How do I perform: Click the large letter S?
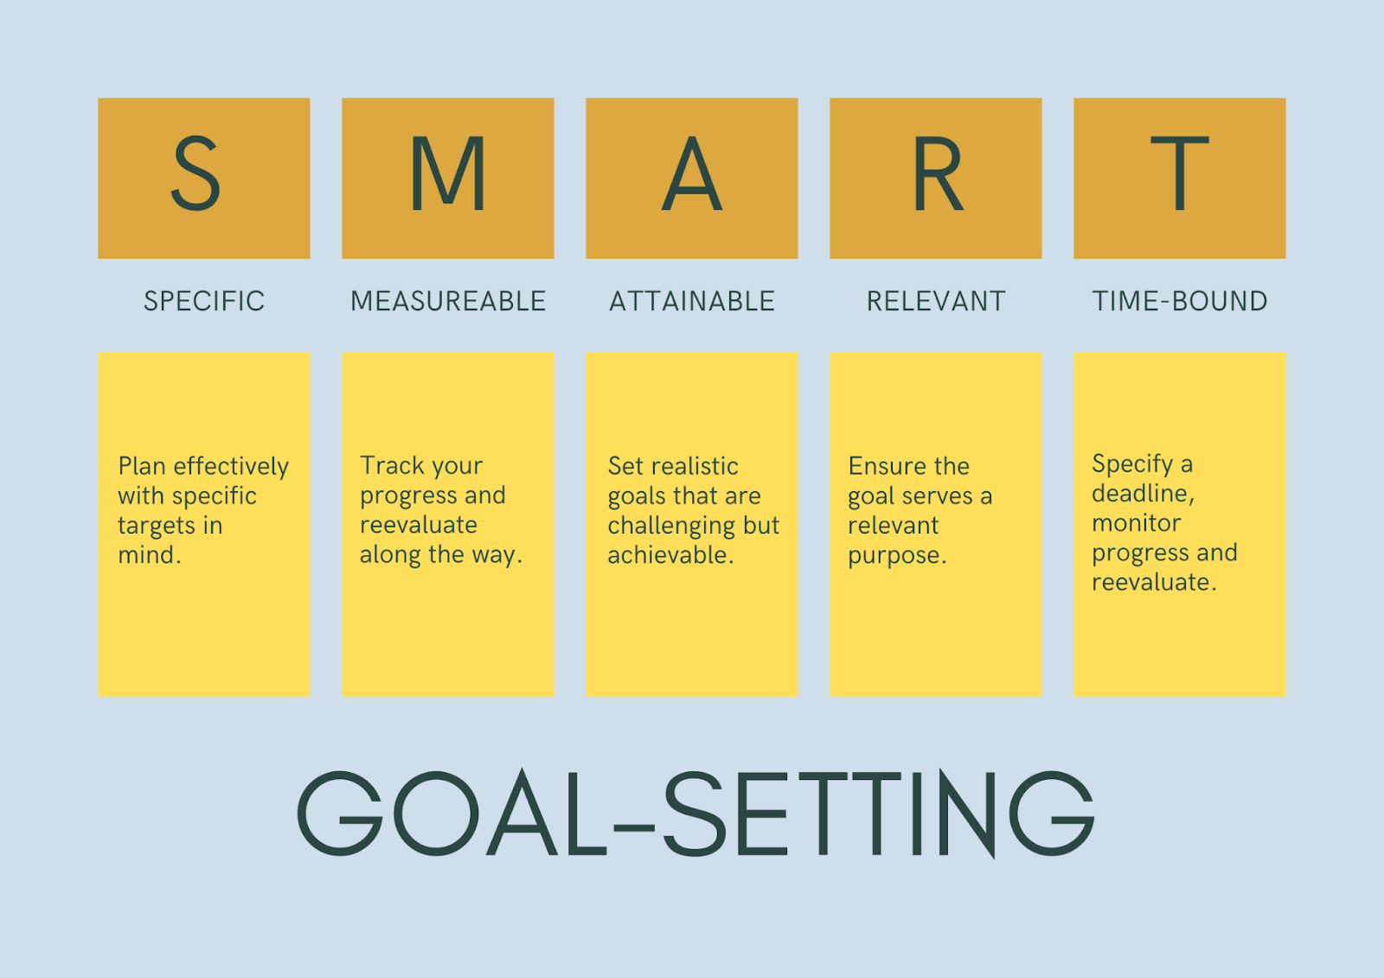pos(195,173)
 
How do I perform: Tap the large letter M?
pos(448,173)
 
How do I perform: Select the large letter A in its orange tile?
pos(691,173)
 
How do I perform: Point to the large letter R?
pos(938,173)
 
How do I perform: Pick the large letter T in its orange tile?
pos(1180,173)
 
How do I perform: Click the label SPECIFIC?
pos(204,302)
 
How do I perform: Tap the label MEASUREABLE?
pos(448,302)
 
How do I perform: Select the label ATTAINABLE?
pos(691,302)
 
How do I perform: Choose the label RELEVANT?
pos(935,302)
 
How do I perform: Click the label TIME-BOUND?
pos(1180,302)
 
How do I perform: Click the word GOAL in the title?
pos(452,813)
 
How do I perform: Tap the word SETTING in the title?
pos(879,814)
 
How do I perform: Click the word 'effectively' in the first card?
pos(231,467)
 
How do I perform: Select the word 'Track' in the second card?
pos(392,465)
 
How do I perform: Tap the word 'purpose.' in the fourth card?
pos(896,556)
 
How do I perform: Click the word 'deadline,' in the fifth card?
pos(1143,493)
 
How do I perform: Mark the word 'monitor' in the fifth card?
pos(1137,523)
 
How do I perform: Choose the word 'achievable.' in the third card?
pos(670,555)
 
